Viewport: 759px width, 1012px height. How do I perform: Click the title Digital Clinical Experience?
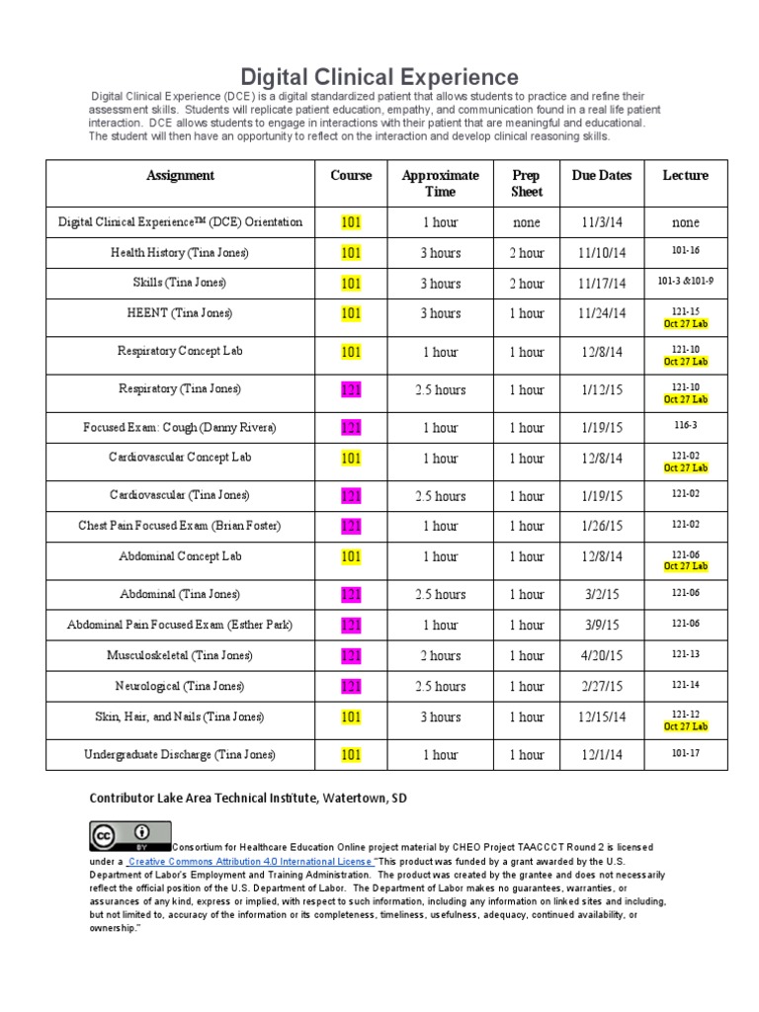point(379,77)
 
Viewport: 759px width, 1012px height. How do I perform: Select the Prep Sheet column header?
point(526,183)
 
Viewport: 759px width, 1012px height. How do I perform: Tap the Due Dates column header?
point(602,175)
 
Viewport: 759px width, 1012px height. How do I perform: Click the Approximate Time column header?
point(440,183)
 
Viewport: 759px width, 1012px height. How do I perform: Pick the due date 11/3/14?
point(602,222)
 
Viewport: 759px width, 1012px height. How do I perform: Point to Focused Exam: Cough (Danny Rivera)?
point(180,428)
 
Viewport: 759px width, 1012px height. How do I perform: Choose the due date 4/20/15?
point(602,655)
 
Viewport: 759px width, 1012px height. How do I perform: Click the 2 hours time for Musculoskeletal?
point(440,655)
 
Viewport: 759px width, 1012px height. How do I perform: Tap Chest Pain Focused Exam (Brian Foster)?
point(180,526)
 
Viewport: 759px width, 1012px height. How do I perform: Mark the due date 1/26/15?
point(602,526)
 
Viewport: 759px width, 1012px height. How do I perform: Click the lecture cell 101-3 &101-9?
point(685,282)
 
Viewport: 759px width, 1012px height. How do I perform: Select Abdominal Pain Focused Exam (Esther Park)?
point(180,625)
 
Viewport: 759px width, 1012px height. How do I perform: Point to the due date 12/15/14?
point(602,717)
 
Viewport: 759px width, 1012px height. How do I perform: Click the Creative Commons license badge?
point(129,836)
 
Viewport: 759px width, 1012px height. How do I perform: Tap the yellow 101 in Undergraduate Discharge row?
point(351,755)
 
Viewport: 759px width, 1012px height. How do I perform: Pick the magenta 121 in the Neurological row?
point(351,686)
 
